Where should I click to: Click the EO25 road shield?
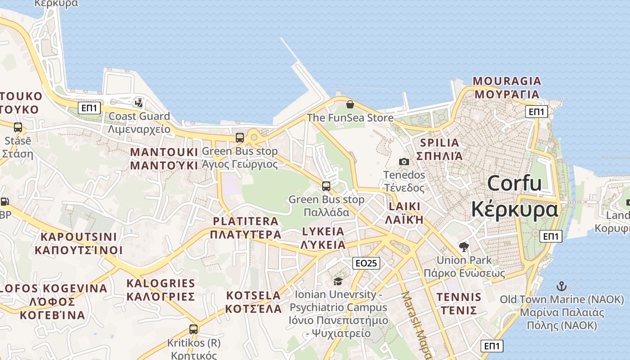point(366,263)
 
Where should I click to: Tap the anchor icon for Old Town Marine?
point(561,286)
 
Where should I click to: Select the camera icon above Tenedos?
point(404,162)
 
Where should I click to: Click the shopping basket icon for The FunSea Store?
point(350,105)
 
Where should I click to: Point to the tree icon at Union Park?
point(463,247)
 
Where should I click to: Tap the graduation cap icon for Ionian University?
point(337,281)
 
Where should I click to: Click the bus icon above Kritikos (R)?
point(193,329)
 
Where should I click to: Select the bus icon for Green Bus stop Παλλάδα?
point(326,186)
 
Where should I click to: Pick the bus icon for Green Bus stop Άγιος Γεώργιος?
point(240,138)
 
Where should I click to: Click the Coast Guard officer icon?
point(139,103)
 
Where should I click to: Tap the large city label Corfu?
point(514,184)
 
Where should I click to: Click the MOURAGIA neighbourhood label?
point(507,81)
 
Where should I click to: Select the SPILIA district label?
point(439,143)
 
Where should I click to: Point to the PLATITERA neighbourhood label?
point(246,221)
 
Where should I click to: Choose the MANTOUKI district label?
point(164,152)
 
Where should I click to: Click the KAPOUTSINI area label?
point(79,237)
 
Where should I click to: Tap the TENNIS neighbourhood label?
point(459,297)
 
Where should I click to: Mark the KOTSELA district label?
point(253,296)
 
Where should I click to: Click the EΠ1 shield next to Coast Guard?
point(89,108)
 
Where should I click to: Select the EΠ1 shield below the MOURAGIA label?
point(536,112)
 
